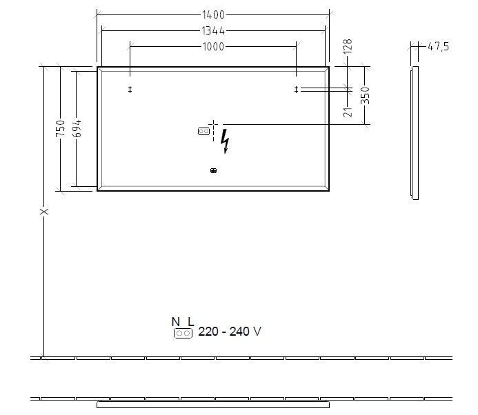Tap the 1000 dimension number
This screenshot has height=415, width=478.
[213, 46]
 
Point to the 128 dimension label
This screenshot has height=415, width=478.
[348, 48]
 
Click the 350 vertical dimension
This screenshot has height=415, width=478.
[366, 95]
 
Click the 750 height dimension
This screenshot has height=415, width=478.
[60, 128]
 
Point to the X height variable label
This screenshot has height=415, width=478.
[44, 212]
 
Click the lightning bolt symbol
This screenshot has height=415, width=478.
[226, 141]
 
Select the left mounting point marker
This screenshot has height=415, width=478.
[130, 90]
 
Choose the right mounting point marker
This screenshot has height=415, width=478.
[297, 89]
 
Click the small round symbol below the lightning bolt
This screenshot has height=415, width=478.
[213, 171]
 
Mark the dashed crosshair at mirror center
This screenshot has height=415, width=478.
[214, 125]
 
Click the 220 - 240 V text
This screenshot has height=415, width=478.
[230, 332]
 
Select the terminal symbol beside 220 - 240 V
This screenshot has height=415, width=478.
[183, 333]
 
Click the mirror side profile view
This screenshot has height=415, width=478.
[415, 132]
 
